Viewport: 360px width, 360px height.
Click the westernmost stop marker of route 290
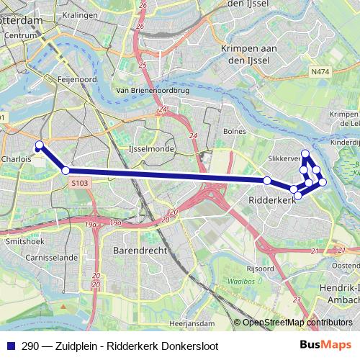pos(40,145)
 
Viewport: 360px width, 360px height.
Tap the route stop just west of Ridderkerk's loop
pos(267,180)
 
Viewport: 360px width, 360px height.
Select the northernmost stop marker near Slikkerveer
pos(305,153)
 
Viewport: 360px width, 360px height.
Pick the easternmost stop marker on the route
pos(323,181)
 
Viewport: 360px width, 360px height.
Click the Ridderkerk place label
pos(272,199)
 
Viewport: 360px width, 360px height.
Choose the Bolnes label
pos(235,132)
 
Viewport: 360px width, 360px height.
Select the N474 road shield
pos(320,72)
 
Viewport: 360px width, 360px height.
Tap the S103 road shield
pos(80,184)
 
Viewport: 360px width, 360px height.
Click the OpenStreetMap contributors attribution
pos(297,323)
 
